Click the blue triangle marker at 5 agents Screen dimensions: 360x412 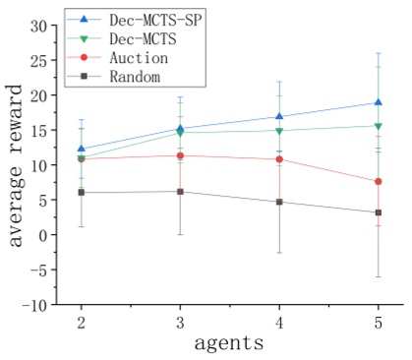tap(379, 102)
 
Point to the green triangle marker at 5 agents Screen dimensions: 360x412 tap(379, 126)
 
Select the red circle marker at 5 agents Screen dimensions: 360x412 tap(379, 181)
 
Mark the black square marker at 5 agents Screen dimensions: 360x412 tap(379, 212)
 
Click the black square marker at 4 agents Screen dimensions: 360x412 tap(279, 202)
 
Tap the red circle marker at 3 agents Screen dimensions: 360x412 tap(180, 155)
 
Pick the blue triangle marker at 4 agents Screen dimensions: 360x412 tap(279, 116)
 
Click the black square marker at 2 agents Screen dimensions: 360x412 tap(81, 192)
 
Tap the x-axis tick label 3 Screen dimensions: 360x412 tap(180, 323)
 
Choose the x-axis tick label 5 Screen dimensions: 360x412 tap(379, 323)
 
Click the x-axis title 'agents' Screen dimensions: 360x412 tap(228, 343)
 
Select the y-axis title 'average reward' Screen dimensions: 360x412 tap(17, 165)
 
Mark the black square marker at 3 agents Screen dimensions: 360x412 tap(180, 191)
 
